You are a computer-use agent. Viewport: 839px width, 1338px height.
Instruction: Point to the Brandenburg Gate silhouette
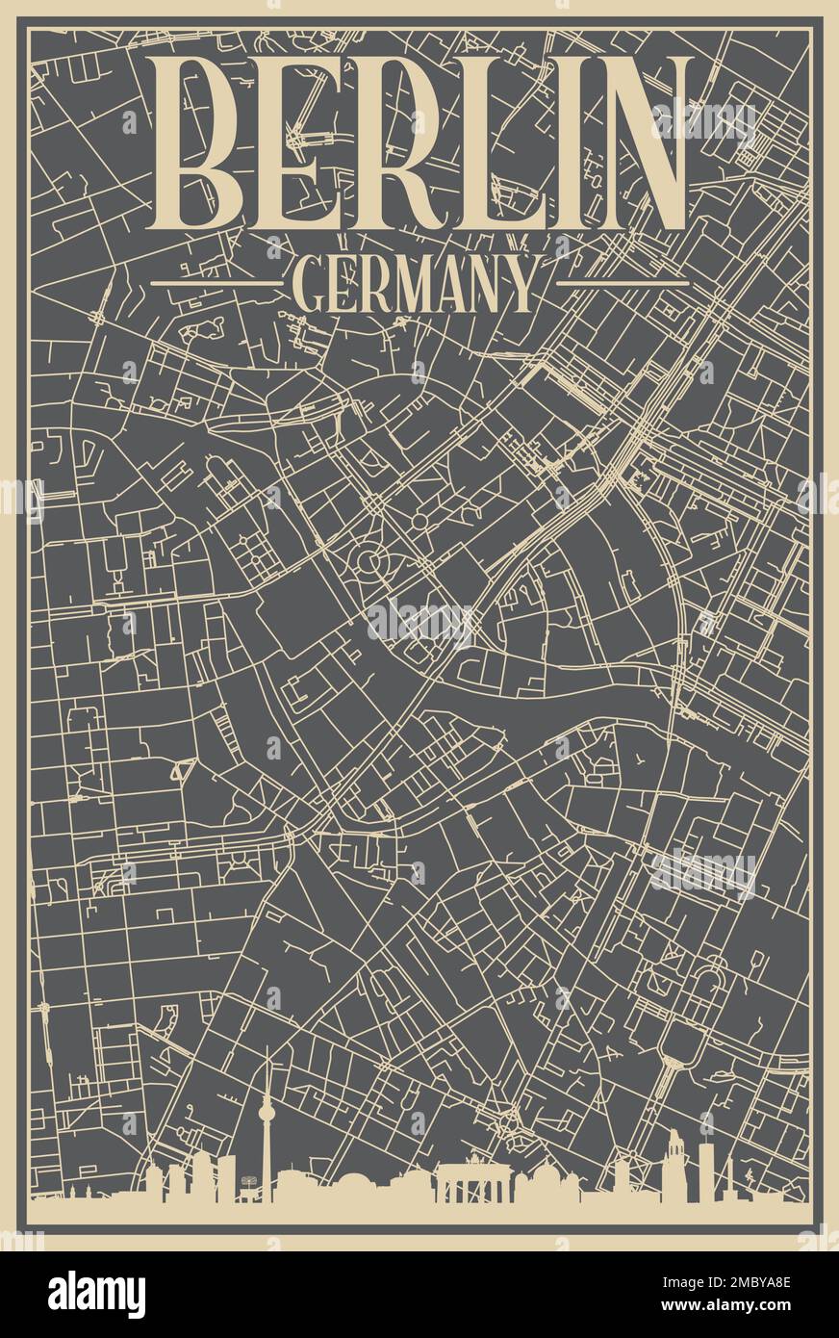(472, 1182)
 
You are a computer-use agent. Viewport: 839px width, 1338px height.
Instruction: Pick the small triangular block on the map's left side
(182, 769)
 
